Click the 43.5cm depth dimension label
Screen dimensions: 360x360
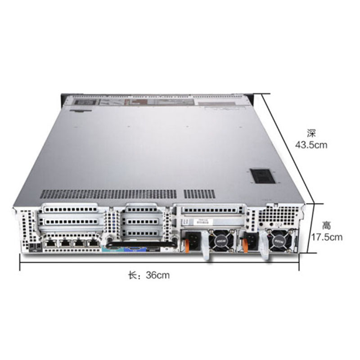pyautogui.click(x=311, y=145)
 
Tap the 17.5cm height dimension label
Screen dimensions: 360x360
pyautogui.click(x=327, y=237)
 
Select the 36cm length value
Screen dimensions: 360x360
pyautogui.click(x=158, y=275)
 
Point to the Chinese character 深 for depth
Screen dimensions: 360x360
pyautogui.click(x=311, y=133)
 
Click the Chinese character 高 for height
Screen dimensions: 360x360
pyautogui.click(x=326, y=225)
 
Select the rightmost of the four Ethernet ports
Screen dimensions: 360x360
pyautogui.click(x=93, y=243)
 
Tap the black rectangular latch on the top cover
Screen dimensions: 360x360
pyautogui.click(x=263, y=176)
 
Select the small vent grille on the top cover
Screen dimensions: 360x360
pyautogui.click(x=199, y=194)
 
